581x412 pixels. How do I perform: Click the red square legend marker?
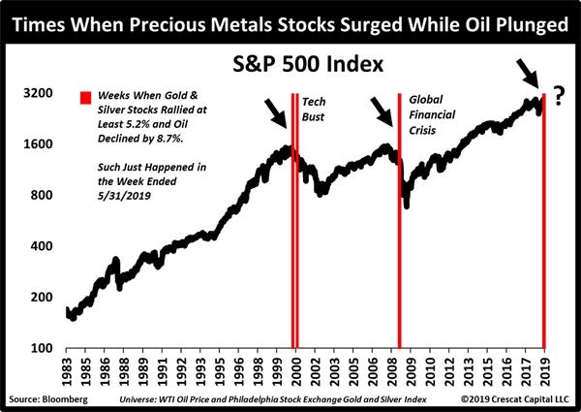click(x=85, y=98)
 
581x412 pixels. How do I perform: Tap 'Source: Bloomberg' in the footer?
click(x=43, y=398)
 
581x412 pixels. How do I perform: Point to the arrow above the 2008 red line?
click(x=383, y=114)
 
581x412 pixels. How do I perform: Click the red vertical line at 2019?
click(x=544, y=223)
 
